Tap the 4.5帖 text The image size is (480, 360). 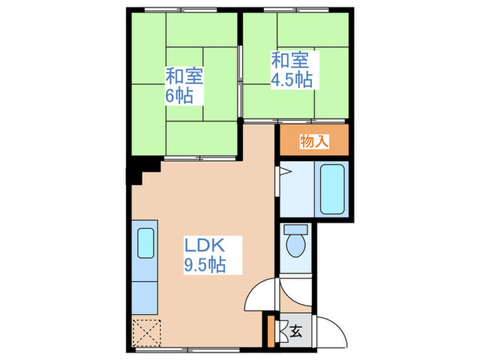point(291,79)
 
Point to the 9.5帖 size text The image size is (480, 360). point(204,264)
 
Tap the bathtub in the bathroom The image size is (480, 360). point(331,189)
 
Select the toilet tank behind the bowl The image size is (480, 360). point(296,230)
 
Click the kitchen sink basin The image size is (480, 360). point(145,242)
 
